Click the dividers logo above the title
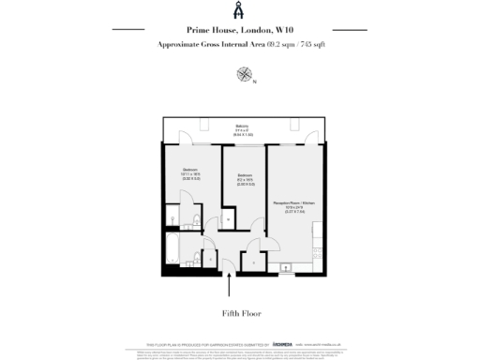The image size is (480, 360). pos(239,10)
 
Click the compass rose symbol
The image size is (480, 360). pos(245,73)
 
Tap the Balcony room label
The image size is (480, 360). pos(242,130)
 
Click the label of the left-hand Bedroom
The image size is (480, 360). pos(190,172)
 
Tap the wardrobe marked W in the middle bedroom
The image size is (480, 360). pos(230,218)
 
